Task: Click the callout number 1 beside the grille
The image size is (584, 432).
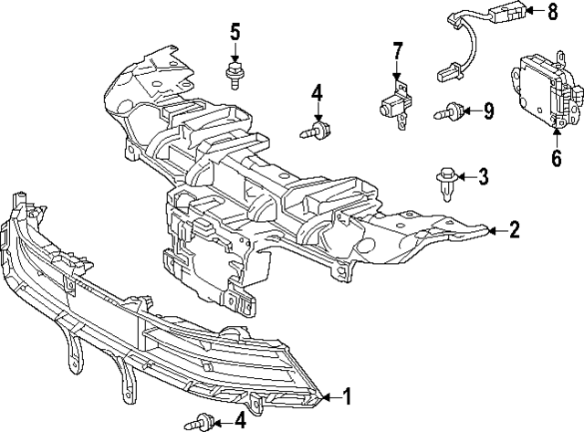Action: (x=346, y=396)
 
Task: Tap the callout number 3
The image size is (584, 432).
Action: (x=484, y=175)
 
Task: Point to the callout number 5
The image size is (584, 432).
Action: (x=235, y=34)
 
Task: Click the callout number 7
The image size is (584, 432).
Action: (x=397, y=49)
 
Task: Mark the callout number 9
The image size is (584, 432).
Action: (x=488, y=111)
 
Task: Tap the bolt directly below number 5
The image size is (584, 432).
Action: (x=234, y=74)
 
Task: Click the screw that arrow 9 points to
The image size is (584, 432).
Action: (x=448, y=113)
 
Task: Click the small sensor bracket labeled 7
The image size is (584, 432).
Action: (x=395, y=102)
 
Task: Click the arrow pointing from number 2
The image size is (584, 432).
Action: (x=495, y=230)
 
